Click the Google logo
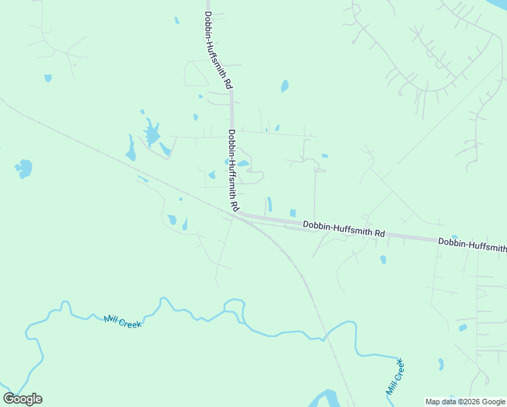22,399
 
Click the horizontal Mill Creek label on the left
123,322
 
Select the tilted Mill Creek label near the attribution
395,378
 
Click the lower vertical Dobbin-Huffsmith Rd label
233,169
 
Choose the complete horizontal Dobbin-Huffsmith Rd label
344,229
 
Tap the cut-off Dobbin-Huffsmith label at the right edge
472,245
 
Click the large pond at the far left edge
24,168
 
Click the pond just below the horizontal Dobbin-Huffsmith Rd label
383,259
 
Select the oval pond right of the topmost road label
285,86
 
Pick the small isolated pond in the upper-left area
47,78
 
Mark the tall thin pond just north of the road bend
269,203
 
